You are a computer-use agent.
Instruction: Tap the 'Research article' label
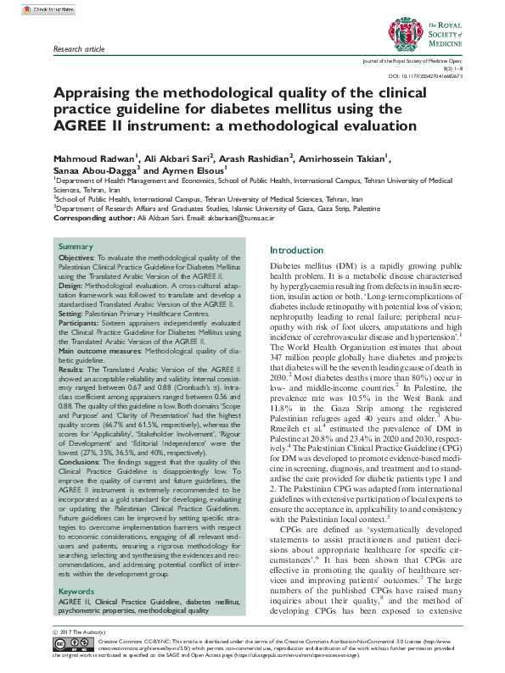79,50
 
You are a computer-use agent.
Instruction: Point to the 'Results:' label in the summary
72,370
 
